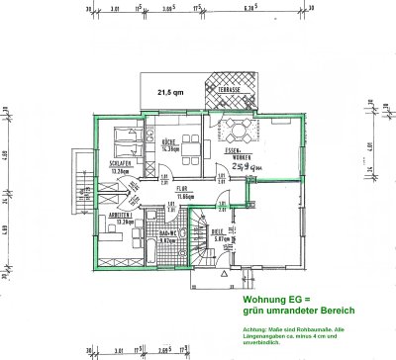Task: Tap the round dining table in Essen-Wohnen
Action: (239, 131)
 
